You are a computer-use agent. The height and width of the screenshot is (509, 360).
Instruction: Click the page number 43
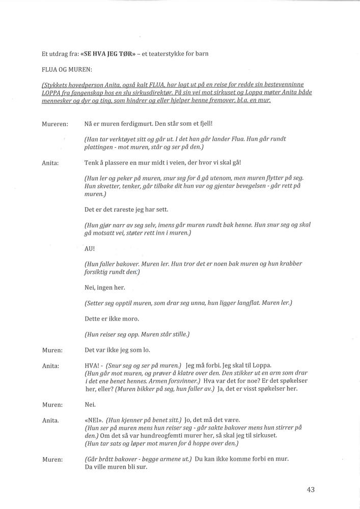pyautogui.click(x=311, y=490)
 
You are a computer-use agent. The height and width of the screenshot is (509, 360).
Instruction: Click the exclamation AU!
pyautogui.click(x=90, y=249)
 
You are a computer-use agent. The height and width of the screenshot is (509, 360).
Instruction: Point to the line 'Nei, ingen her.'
pyautogui.click(x=104, y=288)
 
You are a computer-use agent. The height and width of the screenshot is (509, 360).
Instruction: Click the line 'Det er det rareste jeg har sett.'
pyautogui.click(x=126, y=210)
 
